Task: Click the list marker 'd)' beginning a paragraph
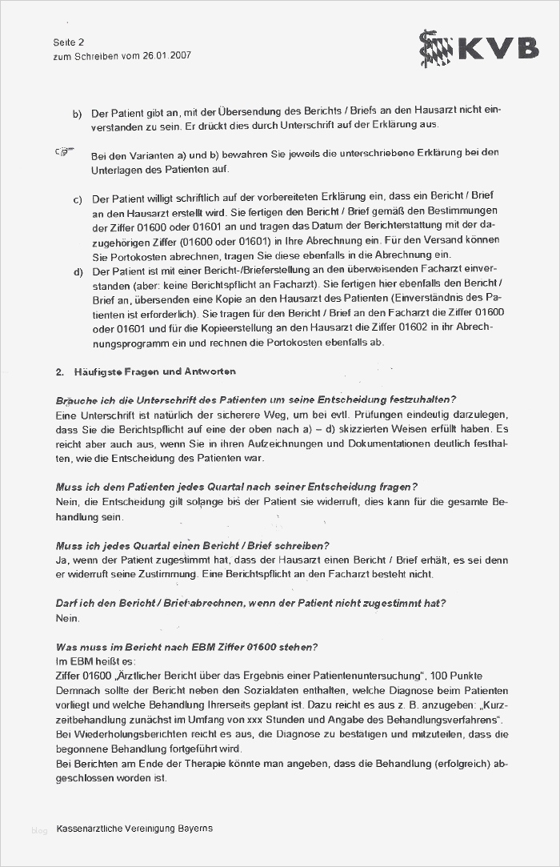78,272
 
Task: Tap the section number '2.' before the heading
60,372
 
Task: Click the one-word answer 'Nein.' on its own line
68,618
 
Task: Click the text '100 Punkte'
478,676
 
